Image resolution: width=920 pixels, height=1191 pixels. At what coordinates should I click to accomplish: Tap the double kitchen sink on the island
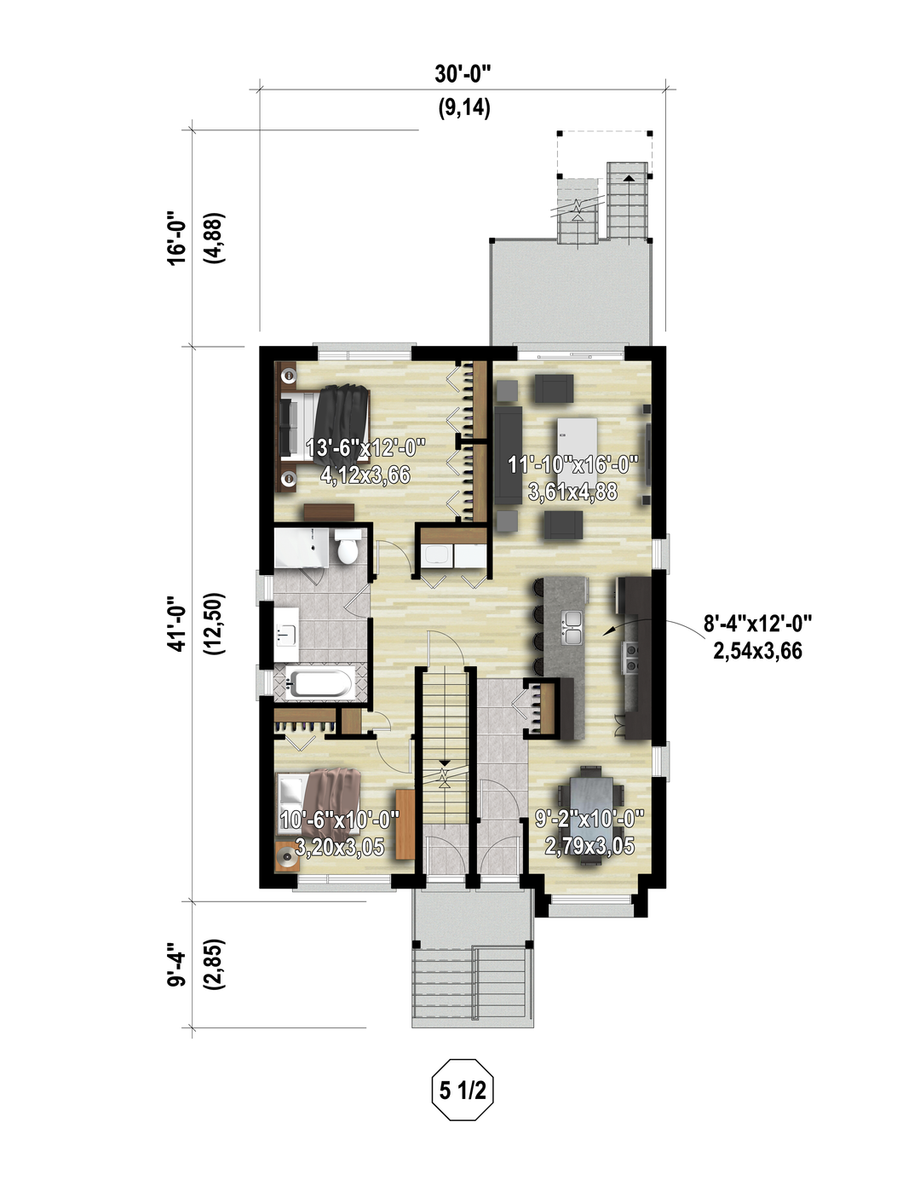[571, 627]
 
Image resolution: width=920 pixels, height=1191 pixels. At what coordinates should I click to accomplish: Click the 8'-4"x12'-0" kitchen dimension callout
[757, 637]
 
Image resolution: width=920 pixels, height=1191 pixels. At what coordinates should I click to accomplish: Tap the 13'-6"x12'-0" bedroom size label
[365, 462]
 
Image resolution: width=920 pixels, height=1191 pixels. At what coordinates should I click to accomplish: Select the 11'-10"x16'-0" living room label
[573, 479]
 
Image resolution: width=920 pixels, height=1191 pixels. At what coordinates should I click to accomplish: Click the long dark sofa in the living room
[508, 455]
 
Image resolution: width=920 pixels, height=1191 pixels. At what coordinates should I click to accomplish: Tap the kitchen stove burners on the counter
[631, 658]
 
